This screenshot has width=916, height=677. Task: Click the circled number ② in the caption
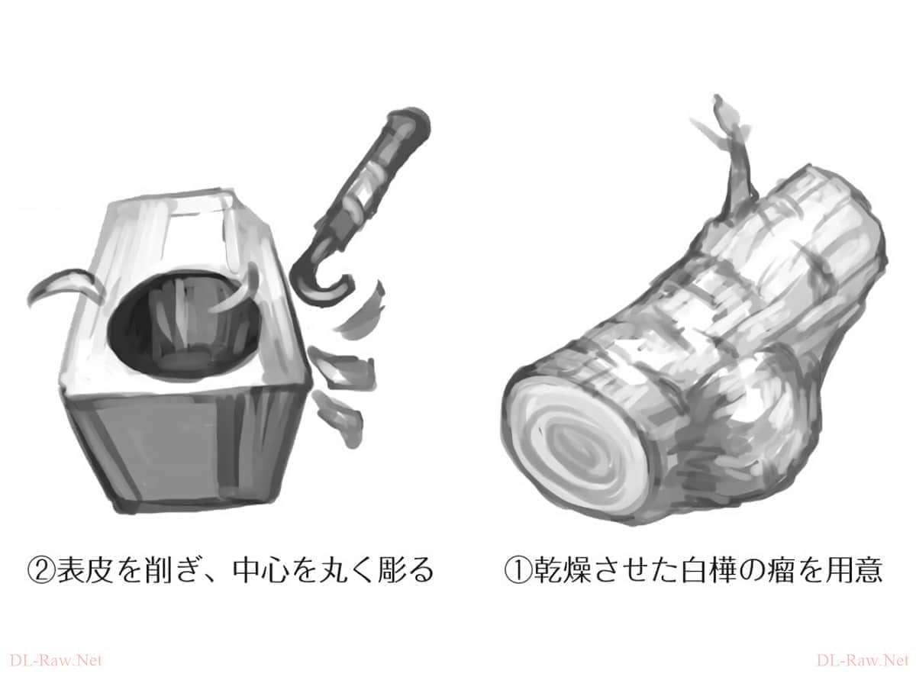pos(41,571)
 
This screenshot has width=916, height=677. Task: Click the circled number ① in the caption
pos(518,571)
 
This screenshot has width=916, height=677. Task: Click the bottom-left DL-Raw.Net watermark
pos(56,660)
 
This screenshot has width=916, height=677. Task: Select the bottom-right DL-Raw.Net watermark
pos(863,660)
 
